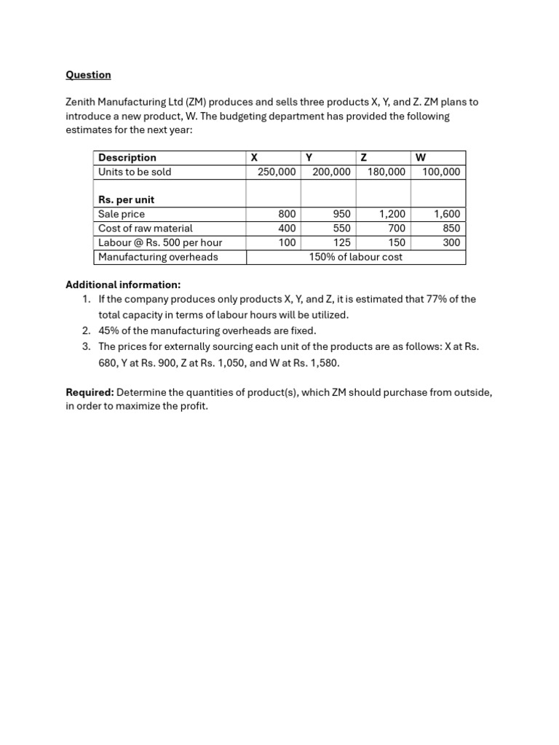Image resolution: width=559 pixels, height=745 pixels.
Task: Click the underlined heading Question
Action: (x=88, y=75)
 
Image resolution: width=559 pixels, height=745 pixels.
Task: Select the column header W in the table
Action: (x=421, y=158)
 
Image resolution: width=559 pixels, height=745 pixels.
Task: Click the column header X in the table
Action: (x=254, y=158)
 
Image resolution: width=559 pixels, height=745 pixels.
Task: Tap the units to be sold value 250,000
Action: (x=277, y=172)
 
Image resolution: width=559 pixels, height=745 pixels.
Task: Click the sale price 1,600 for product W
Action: (x=447, y=214)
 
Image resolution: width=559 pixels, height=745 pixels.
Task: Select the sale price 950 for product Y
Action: (x=341, y=214)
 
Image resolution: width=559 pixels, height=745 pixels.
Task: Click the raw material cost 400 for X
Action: (x=287, y=228)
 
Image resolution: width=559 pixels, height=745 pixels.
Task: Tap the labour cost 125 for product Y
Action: (x=341, y=242)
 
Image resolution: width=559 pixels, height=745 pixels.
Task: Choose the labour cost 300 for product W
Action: (x=451, y=242)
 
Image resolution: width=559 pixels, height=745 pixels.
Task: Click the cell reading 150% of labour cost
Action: (x=355, y=257)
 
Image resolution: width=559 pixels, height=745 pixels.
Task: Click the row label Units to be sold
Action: (x=135, y=172)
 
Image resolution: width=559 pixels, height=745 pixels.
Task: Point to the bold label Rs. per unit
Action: (x=126, y=200)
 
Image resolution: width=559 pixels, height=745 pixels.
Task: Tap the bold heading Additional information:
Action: (x=123, y=284)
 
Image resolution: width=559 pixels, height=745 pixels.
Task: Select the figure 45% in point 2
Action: (x=110, y=330)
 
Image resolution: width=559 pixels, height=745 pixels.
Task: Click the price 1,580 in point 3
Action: (x=323, y=362)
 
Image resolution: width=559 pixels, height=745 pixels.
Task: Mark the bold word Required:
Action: (x=90, y=392)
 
